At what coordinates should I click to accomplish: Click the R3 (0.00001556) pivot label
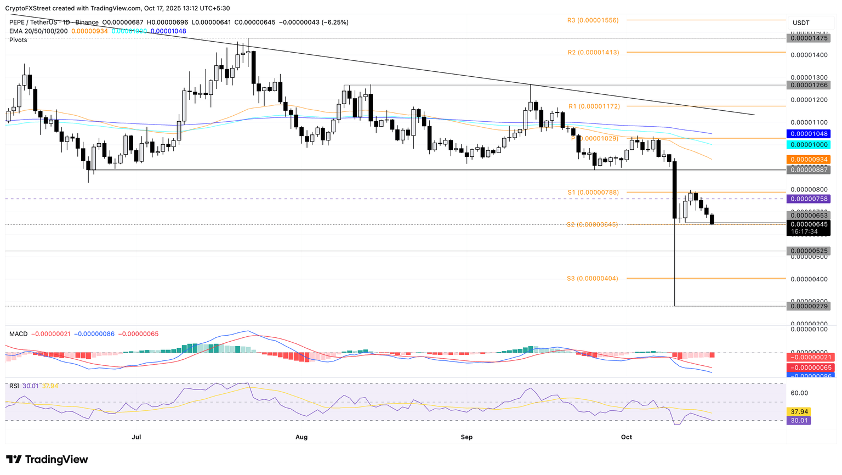tap(593, 20)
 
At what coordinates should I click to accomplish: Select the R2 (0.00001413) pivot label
tap(593, 53)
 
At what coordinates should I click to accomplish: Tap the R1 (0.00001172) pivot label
tap(593, 106)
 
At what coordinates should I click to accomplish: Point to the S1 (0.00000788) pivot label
tap(593, 193)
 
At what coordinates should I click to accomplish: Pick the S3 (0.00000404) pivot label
tap(592, 279)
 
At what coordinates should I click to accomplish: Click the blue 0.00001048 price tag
tap(808, 134)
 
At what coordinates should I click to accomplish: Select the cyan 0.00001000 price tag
tap(808, 145)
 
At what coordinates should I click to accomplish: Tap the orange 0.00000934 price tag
tap(808, 160)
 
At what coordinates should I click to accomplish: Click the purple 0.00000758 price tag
tap(808, 199)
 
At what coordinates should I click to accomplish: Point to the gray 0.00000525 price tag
tap(808, 251)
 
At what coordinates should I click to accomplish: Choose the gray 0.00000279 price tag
tap(808, 306)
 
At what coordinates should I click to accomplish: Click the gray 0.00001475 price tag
tap(808, 38)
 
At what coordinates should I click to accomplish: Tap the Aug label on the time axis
tap(301, 437)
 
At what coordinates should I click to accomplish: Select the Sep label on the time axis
tap(466, 437)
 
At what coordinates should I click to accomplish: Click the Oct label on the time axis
tap(627, 437)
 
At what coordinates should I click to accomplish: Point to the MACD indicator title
tap(18, 334)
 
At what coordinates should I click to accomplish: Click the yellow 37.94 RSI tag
tap(798, 411)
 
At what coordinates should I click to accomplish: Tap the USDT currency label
tap(801, 23)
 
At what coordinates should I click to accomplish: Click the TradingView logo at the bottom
tap(47, 460)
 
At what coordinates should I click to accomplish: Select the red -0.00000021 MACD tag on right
tap(808, 357)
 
